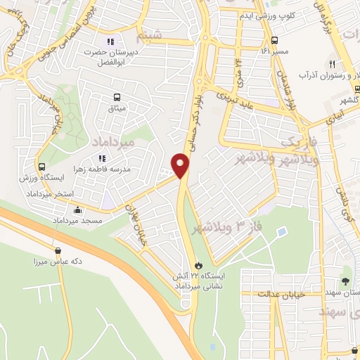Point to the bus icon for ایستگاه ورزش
tap(43, 167)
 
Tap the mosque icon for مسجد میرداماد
tap(77, 210)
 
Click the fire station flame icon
tap(199, 266)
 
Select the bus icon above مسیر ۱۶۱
tap(274, 40)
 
